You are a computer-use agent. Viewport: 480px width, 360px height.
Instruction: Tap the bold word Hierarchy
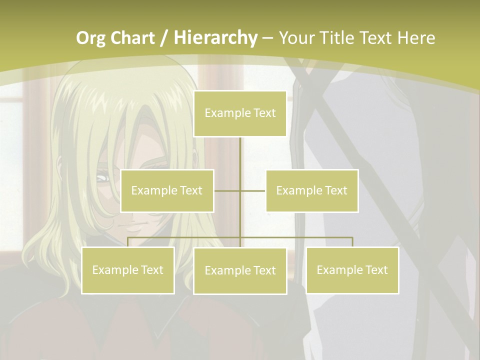(x=216, y=37)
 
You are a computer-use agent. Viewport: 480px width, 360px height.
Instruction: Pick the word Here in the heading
(x=416, y=37)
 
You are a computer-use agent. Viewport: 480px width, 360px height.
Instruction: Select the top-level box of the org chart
(x=240, y=113)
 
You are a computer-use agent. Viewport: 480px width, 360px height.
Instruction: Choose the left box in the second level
(x=167, y=190)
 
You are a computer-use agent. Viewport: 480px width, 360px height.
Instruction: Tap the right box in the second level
(x=311, y=190)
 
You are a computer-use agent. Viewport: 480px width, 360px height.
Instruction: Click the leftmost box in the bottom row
(x=127, y=270)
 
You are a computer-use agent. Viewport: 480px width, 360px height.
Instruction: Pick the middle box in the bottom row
(x=240, y=270)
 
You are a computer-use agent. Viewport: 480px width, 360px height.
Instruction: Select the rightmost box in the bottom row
(x=352, y=270)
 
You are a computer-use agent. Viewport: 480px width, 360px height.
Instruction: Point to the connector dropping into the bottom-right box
(x=352, y=242)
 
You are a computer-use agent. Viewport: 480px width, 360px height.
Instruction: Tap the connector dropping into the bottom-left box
(x=127, y=242)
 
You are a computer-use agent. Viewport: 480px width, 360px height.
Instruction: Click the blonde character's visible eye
(x=102, y=177)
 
